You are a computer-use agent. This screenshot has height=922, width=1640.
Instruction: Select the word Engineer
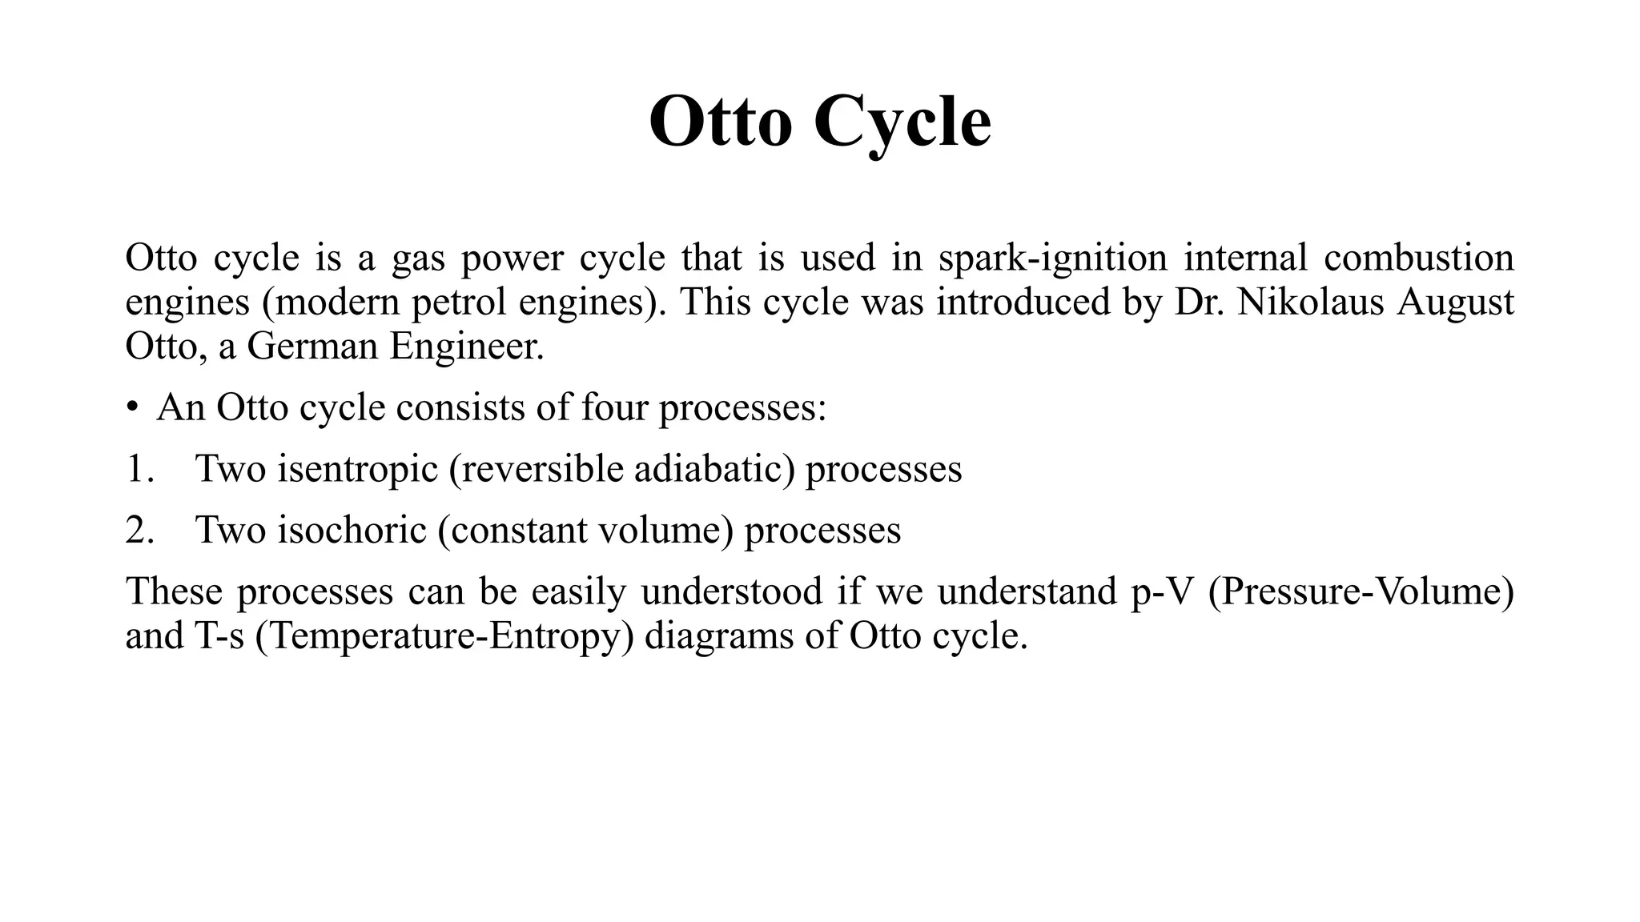[467, 347]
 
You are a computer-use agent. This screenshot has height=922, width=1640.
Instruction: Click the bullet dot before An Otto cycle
[132, 408]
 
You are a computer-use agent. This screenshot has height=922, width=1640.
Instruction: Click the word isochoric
[352, 530]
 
